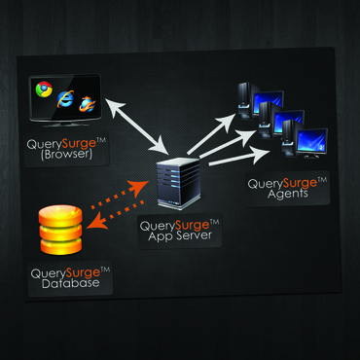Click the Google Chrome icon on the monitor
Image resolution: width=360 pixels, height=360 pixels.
[45, 90]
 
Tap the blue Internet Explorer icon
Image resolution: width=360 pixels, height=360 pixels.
[66, 97]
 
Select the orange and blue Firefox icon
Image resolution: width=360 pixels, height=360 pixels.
[89, 104]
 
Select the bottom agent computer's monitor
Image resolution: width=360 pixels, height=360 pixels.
[313, 146]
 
